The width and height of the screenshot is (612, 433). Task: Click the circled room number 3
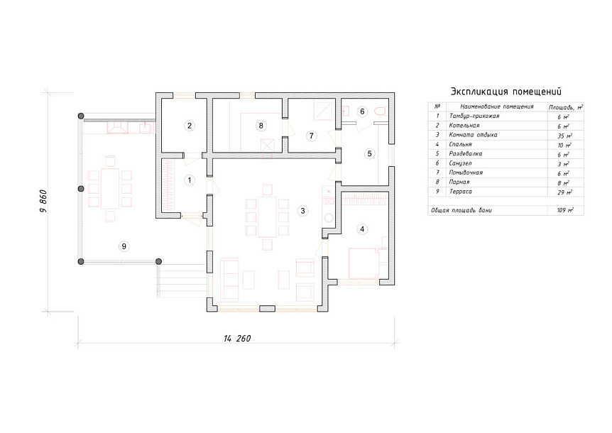[x=302, y=211]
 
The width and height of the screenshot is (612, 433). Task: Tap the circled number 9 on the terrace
[x=124, y=246]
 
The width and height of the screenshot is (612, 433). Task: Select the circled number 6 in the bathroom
[x=362, y=111]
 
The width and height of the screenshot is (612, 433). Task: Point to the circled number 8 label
[x=261, y=126]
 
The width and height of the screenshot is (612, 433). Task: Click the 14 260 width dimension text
[x=237, y=338]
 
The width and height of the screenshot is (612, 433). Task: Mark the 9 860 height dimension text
[x=43, y=201]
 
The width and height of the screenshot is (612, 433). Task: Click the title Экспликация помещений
[x=506, y=92]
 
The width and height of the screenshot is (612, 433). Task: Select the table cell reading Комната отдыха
[x=473, y=135]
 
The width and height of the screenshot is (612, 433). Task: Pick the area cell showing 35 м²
[x=564, y=136]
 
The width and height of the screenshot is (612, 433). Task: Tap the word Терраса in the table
[x=461, y=192]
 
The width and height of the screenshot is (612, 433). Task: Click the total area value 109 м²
[x=564, y=210]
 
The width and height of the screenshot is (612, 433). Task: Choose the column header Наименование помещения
[x=496, y=106]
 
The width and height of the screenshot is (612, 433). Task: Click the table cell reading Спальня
[x=460, y=145]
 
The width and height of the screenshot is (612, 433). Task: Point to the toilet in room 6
[x=380, y=111]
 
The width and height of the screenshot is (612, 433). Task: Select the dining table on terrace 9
[x=110, y=188]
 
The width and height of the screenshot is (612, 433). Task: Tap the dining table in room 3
[x=268, y=217]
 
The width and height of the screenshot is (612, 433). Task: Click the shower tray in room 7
[x=324, y=111]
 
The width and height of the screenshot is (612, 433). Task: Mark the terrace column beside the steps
[x=158, y=261]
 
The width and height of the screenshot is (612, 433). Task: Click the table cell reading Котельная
[x=464, y=126]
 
